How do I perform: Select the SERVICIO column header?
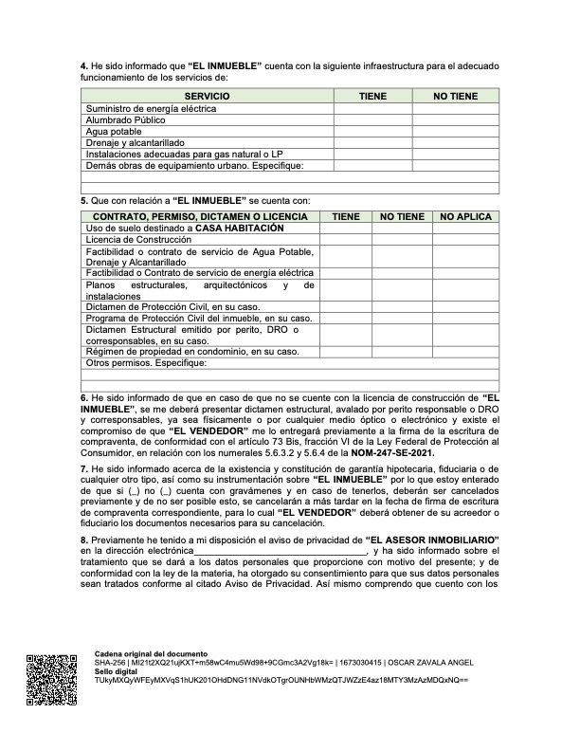point(207,97)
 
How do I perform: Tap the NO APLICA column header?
point(466,217)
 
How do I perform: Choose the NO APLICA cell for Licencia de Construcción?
point(466,240)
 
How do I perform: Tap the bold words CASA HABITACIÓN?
point(240,229)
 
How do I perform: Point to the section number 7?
point(83,468)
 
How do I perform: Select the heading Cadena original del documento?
point(151,654)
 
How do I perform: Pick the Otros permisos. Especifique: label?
point(146,363)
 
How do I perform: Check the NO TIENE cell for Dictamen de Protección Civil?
point(402,306)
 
